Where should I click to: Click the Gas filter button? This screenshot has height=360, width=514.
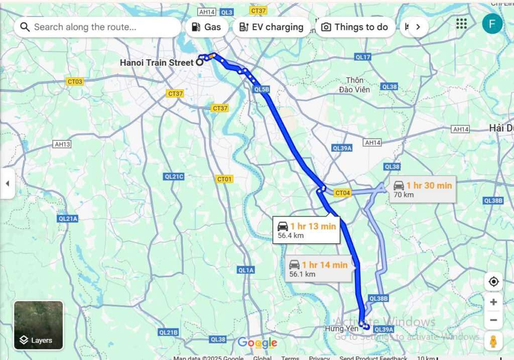click(206, 27)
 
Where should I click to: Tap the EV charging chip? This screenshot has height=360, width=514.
click(272, 27)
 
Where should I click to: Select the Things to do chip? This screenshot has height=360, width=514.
click(355, 27)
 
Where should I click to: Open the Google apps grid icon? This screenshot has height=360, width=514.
click(461, 24)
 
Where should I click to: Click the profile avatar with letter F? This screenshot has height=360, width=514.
click(492, 24)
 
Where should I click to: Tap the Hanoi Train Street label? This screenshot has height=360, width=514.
click(156, 63)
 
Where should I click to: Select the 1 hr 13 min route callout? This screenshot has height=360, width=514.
click(306, 230)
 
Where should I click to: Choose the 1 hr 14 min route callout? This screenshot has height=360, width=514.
click(318, 269)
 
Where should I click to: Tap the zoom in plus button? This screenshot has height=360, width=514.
click(493, 302)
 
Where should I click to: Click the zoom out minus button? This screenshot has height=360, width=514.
click(493, 320)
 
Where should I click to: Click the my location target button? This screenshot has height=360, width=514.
click(493, 282)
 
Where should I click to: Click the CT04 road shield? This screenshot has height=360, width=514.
click(342, 193)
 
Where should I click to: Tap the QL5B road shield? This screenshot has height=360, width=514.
click(262, 89)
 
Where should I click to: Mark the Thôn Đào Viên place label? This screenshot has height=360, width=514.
click(357, 85)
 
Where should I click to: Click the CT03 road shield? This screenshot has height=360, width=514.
click(75, 81)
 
